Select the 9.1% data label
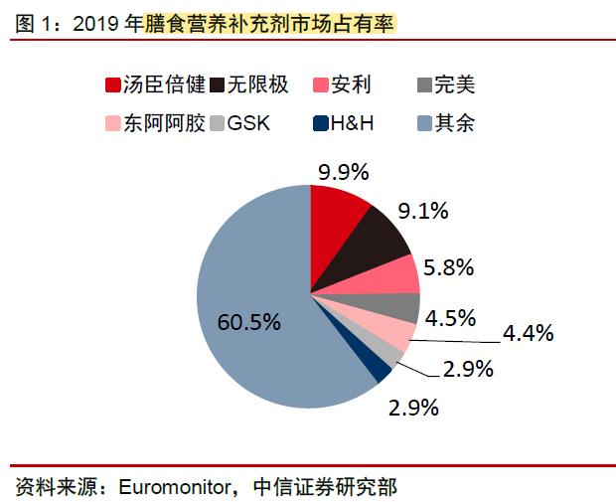(423, 210)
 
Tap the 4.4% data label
(528, 334)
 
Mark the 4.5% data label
(450, 318)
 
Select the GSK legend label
(248, 124)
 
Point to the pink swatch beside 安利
(320, 84)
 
